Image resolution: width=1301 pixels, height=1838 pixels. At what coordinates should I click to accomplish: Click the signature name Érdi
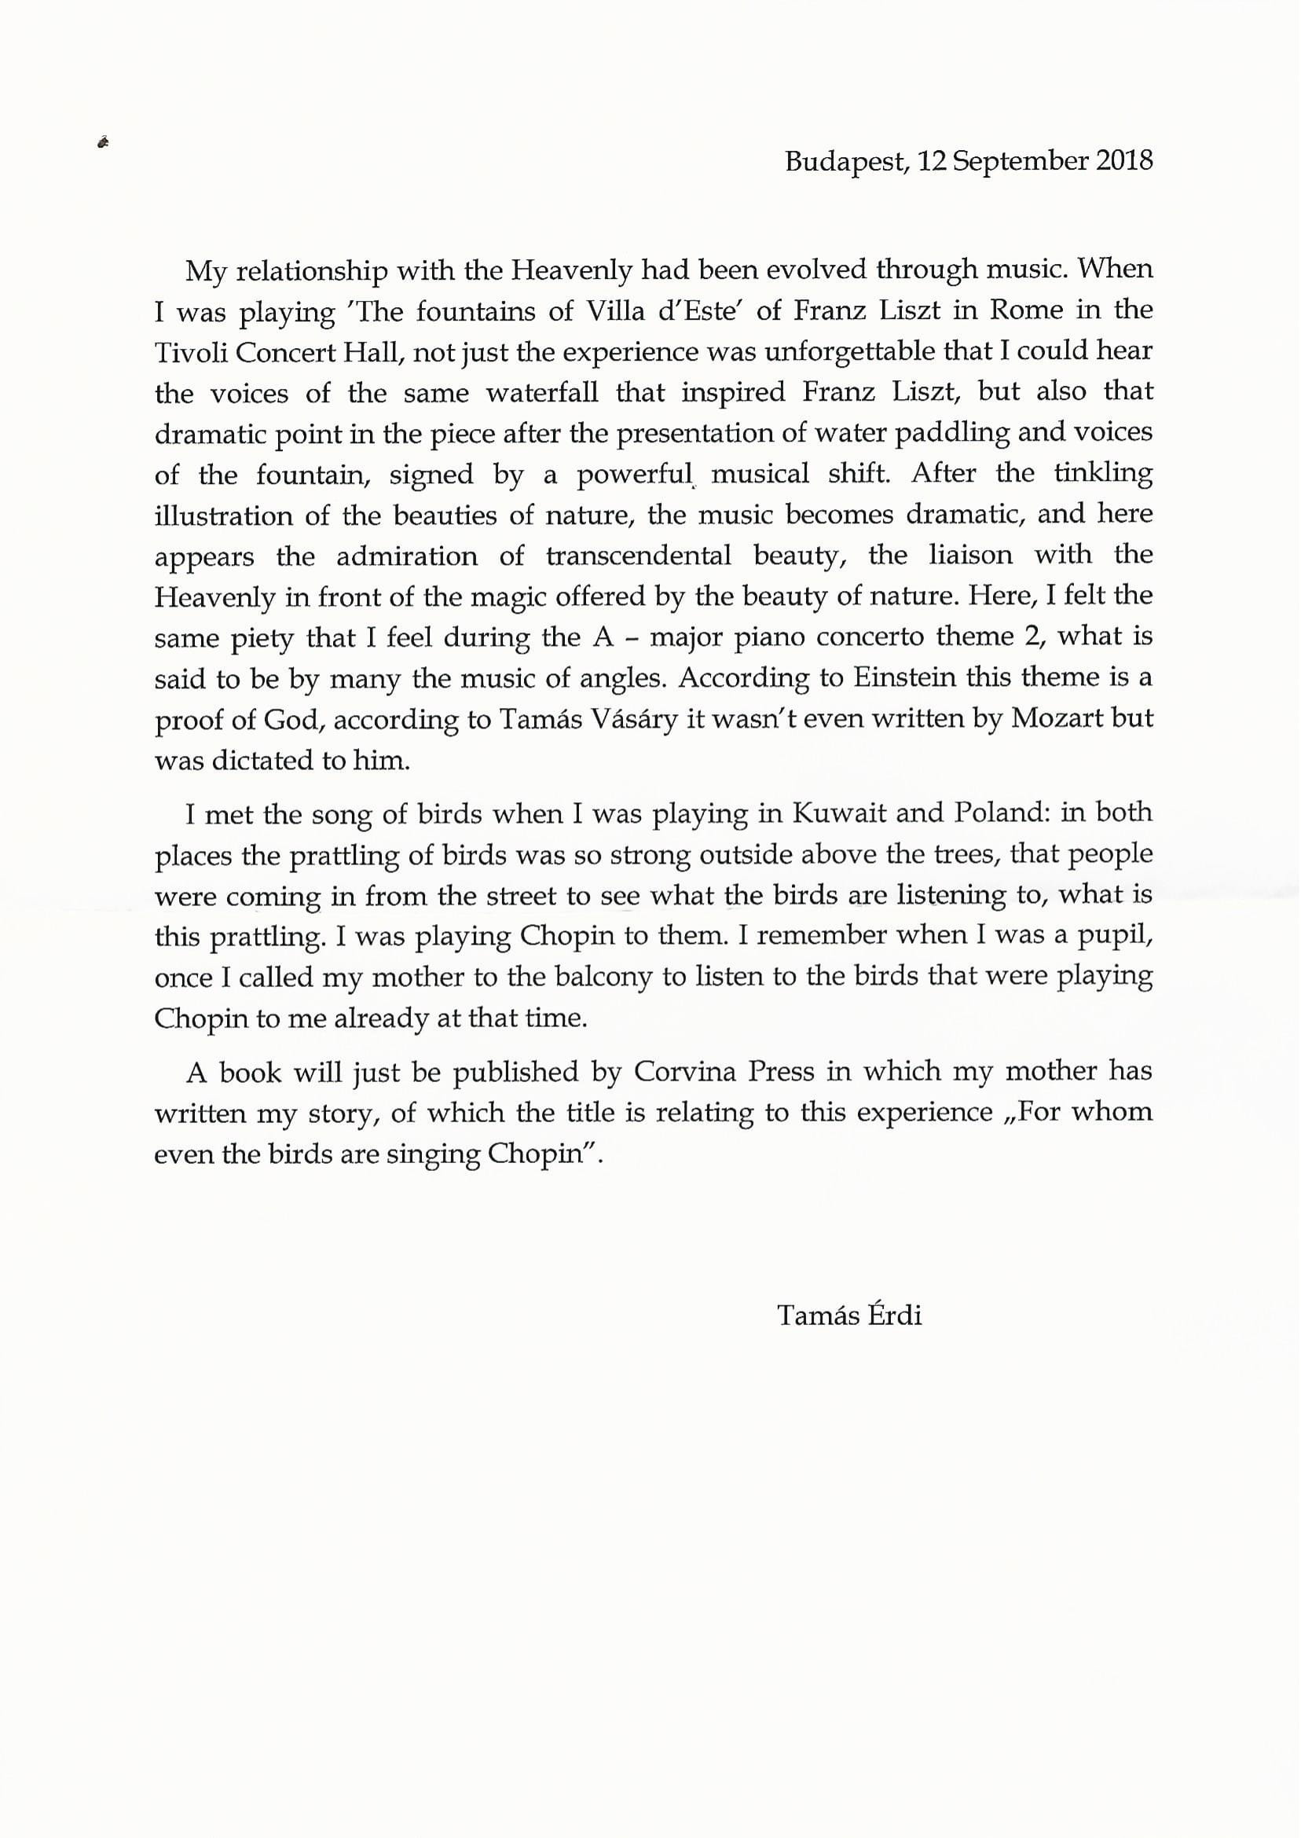[894, 1315]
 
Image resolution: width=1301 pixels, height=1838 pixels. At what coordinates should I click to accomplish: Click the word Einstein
[904, 678]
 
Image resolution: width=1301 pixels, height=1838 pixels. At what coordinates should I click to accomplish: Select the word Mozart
[1057, 719]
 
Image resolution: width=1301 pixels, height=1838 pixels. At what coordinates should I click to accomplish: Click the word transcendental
[639, 556]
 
